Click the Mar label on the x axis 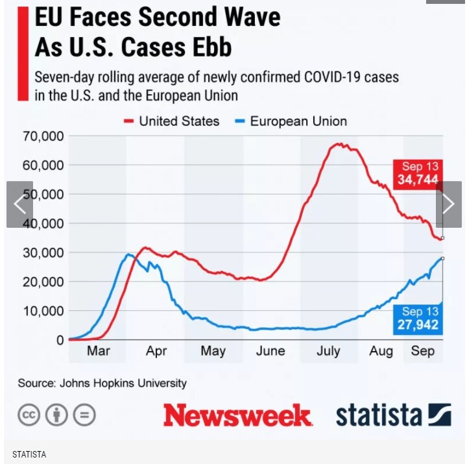pyautogui.click(x=98, y=351)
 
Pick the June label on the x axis pyautogui.click(x=270, y=351)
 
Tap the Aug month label pyautogui.click(x=381, y=351)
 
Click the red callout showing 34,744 pyautogui.click(x=418, y=173)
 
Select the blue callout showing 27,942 pyautogui.click(x=418, y=319)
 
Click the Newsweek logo pyautogui.click(x=237, y=415)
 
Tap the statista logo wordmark pyautogui.click(x=378, y=415)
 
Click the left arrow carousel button pyautogui.click(x=19, y=204)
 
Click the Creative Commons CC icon pyautogui.click(x=29, y=415)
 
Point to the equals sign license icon pyautogui.click(x=84, y=415)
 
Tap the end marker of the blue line pyautogui.click(x=442, y=258)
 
